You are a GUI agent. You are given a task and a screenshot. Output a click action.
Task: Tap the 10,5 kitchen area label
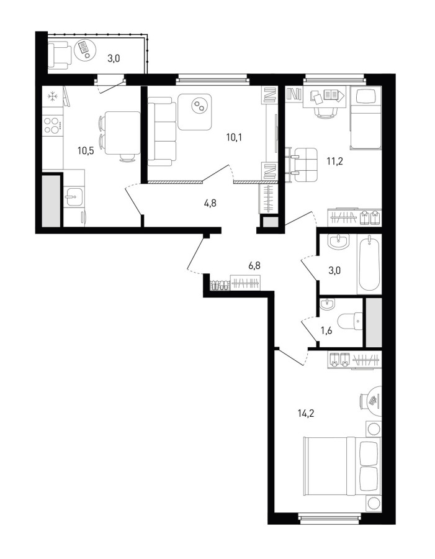click(x=86, y=150)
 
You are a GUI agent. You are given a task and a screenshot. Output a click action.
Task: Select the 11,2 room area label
click(x=334, y=161)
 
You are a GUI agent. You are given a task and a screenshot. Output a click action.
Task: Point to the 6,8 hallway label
click(x=254, y=266)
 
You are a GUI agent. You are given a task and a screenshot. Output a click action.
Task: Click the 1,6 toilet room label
click(x=326, y=331)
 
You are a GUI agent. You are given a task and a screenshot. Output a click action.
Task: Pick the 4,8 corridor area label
click(x=210, y=204)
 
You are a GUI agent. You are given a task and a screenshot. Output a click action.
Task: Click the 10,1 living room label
click(x=234, y=137)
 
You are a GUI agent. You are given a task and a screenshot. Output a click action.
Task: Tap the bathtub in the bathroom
click(x=369, y=264)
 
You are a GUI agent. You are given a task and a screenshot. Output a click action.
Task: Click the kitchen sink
click(x=74, y=197)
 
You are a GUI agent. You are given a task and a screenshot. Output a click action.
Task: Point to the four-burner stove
click(x=53, y=125)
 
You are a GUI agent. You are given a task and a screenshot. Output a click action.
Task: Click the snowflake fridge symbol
click(x=52, y=96)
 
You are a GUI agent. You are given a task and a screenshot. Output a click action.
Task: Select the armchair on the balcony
click(x=59, y=55)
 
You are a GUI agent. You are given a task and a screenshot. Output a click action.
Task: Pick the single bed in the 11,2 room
click(x=366, y=119)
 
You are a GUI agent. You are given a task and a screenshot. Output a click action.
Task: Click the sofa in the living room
click(x=163, y=134)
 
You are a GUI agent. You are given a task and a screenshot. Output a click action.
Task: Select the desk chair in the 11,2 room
click(x=325, y=112)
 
